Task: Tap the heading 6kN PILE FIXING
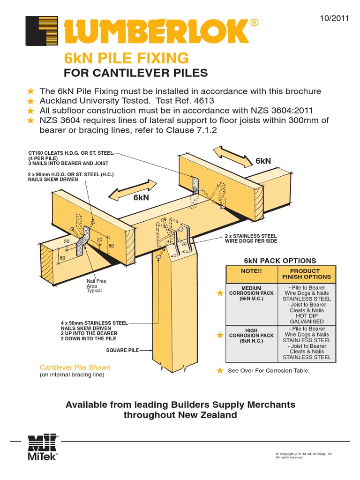click(126, 59)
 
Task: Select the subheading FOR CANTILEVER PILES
click(135, 74)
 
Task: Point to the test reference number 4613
click(205, 101)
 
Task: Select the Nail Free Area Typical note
click(96, 285)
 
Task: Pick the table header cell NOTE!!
click(252, 271)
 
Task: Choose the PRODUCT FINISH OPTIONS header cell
click(307, 274)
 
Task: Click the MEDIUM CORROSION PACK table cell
click(252, 293)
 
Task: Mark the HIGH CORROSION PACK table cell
click(252, 336)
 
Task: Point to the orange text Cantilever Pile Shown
click(75, 367)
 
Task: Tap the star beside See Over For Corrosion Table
click(220, 371)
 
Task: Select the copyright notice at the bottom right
click(304, 456)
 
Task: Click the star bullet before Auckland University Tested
click(30, 101)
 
